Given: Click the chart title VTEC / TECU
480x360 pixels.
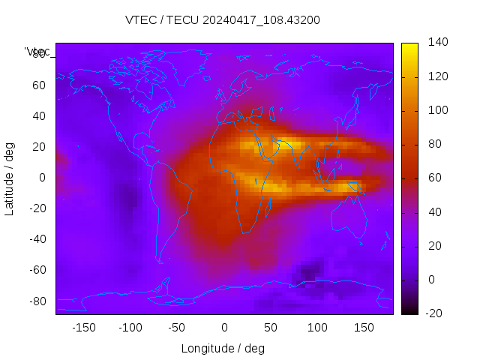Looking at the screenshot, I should coord(223,20).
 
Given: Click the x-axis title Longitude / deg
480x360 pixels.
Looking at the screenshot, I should coord(223,348).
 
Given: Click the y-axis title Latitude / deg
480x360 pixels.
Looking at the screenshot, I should coord(10,178).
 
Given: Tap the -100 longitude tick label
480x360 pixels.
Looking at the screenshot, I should coord(130,328).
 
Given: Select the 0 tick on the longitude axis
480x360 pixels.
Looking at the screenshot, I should coord(223,328).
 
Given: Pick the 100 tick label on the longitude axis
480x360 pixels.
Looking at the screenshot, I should coord(317,328).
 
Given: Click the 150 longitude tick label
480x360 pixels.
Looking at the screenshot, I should coord(364,328).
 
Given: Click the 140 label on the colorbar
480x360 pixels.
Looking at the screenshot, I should coord(438,42).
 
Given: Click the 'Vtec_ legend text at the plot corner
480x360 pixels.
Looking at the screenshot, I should coord(37,51).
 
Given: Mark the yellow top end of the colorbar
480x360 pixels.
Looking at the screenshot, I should coord(409,46).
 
